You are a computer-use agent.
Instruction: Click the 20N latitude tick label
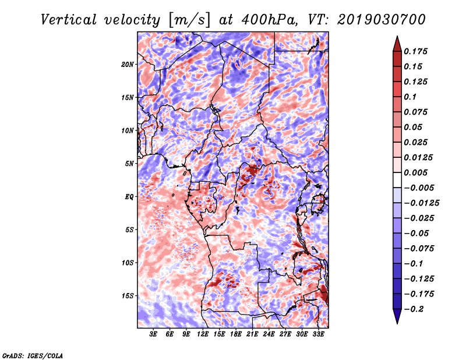[x=128, y=65]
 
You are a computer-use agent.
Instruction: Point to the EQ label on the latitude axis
[x=129, y=197]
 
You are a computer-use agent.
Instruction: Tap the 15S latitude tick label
[x=128, y=296]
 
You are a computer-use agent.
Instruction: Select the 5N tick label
[x=129, y=164]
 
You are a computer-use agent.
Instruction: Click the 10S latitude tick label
[x=128, y=263]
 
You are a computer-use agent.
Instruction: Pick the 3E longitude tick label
[x=153, y=334]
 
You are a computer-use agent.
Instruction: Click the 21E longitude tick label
[x=252, y=334]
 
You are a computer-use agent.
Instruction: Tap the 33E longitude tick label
[x=318, y=334]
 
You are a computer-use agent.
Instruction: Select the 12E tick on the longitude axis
[x=203, y=334]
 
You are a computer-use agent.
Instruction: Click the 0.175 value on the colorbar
[x=415, y=52]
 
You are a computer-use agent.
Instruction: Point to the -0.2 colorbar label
[x=414, y=309]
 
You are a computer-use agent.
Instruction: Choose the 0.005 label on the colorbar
[x=415, y=172]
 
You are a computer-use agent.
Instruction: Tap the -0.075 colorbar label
[x=419, y=249]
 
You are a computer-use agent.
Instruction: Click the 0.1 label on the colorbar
[x=410, y=97]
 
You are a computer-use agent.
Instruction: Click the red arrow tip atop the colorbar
[x=397, y=37]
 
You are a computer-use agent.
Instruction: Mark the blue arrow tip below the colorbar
[x=397, y=323]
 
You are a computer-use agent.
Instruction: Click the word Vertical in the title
[x=69, y=20]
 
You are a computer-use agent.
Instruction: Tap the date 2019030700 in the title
[x=382, y=20]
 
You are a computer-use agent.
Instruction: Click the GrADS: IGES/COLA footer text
[x=33, y=355]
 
